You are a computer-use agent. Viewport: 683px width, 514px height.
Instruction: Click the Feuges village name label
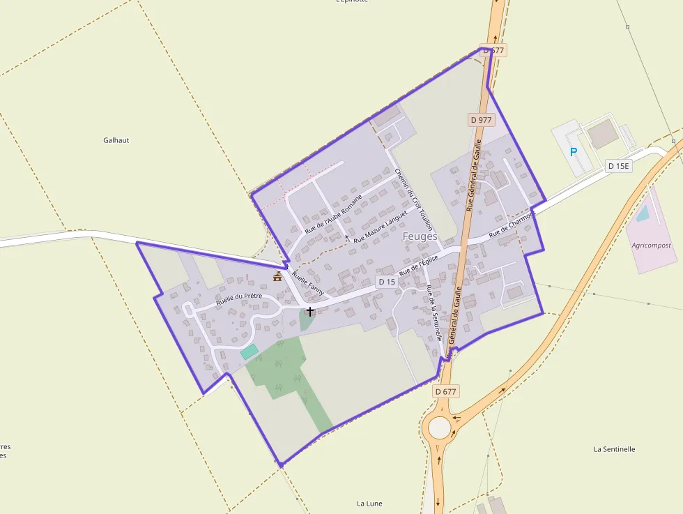point(420,236)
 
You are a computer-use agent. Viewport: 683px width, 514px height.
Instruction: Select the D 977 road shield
point(481,119)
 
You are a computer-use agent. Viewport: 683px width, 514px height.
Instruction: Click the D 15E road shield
point(618,166)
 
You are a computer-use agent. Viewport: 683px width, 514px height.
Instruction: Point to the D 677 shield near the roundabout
point(445,391)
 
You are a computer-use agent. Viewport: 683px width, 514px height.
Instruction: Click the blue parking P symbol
point(574,151)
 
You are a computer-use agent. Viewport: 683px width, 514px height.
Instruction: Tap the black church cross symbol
point(310,312)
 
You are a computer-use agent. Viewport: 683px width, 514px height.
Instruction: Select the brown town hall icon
point(277,277)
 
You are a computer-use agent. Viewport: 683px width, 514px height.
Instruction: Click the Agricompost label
point(651,245)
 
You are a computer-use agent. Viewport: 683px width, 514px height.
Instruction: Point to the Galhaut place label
point(116,140)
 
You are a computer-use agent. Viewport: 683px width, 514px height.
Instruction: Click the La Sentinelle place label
point(614,449)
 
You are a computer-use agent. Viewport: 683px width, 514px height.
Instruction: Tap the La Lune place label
point(369,503)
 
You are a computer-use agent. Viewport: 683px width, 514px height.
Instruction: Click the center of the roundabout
point(439,428)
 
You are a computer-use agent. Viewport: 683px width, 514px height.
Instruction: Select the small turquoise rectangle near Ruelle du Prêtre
point(249,352)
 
